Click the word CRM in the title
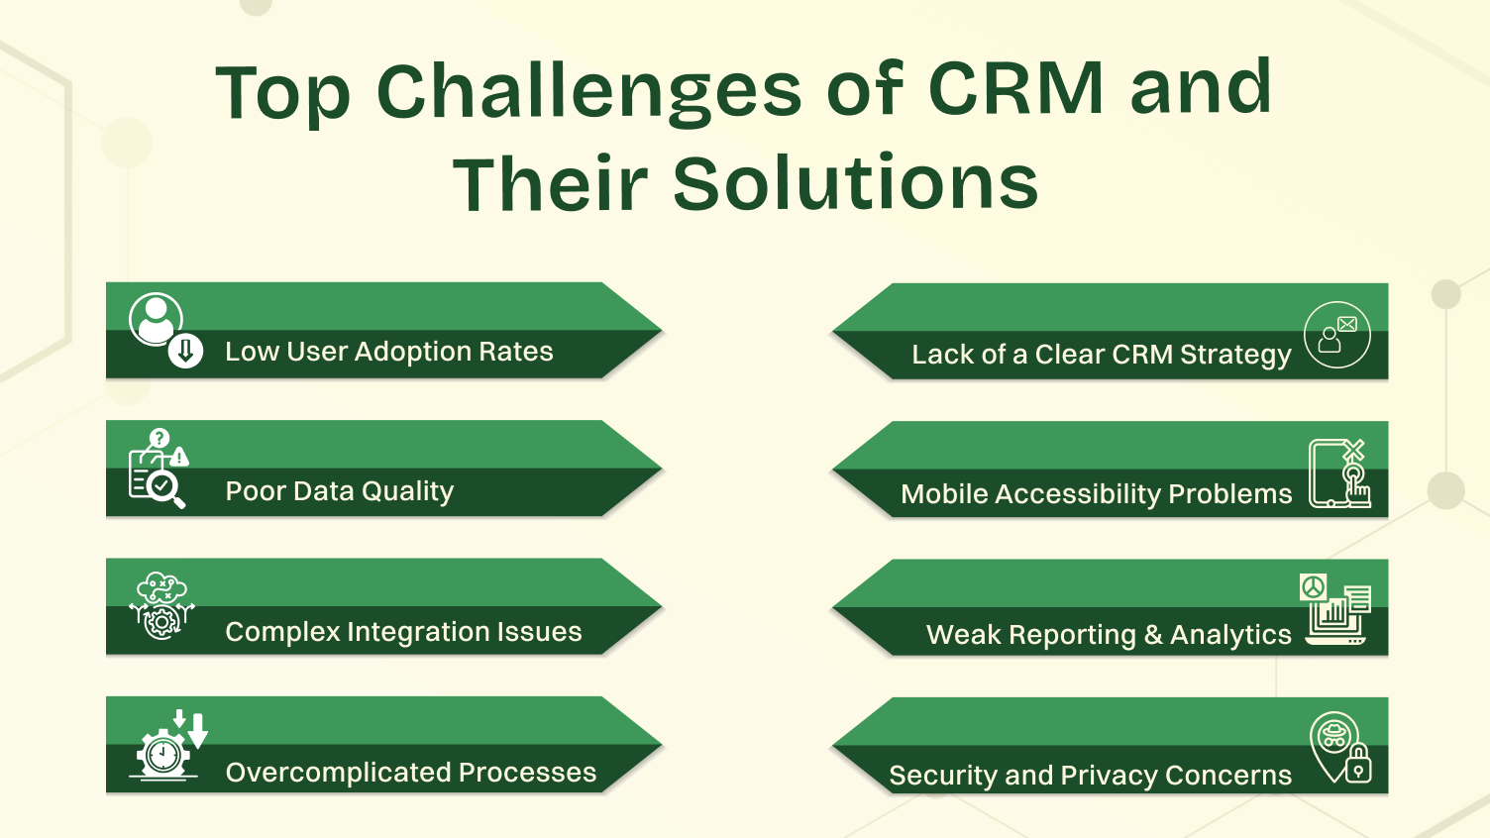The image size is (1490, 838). [1015, 89]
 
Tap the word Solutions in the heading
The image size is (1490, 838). [855, 184]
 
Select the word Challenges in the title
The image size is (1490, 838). [588, 91]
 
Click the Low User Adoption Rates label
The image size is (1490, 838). [388, 352]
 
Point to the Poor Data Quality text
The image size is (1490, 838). [339, 491]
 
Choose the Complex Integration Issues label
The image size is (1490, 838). [403, 632]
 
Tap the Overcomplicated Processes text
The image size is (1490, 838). [410, 773]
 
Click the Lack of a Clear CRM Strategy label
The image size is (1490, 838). [1101, 355]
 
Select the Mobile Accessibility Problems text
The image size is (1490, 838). [1096, 494]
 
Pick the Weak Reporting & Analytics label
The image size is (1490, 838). [1108, 635]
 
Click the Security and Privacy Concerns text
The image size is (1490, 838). [1090, 776]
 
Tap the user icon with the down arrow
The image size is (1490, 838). [164, 331]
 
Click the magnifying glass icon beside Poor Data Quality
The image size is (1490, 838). [164, 488]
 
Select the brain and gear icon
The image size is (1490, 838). [162, 605]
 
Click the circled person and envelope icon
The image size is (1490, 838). [1336, 335]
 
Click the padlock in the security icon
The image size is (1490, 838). [1358, 765]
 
